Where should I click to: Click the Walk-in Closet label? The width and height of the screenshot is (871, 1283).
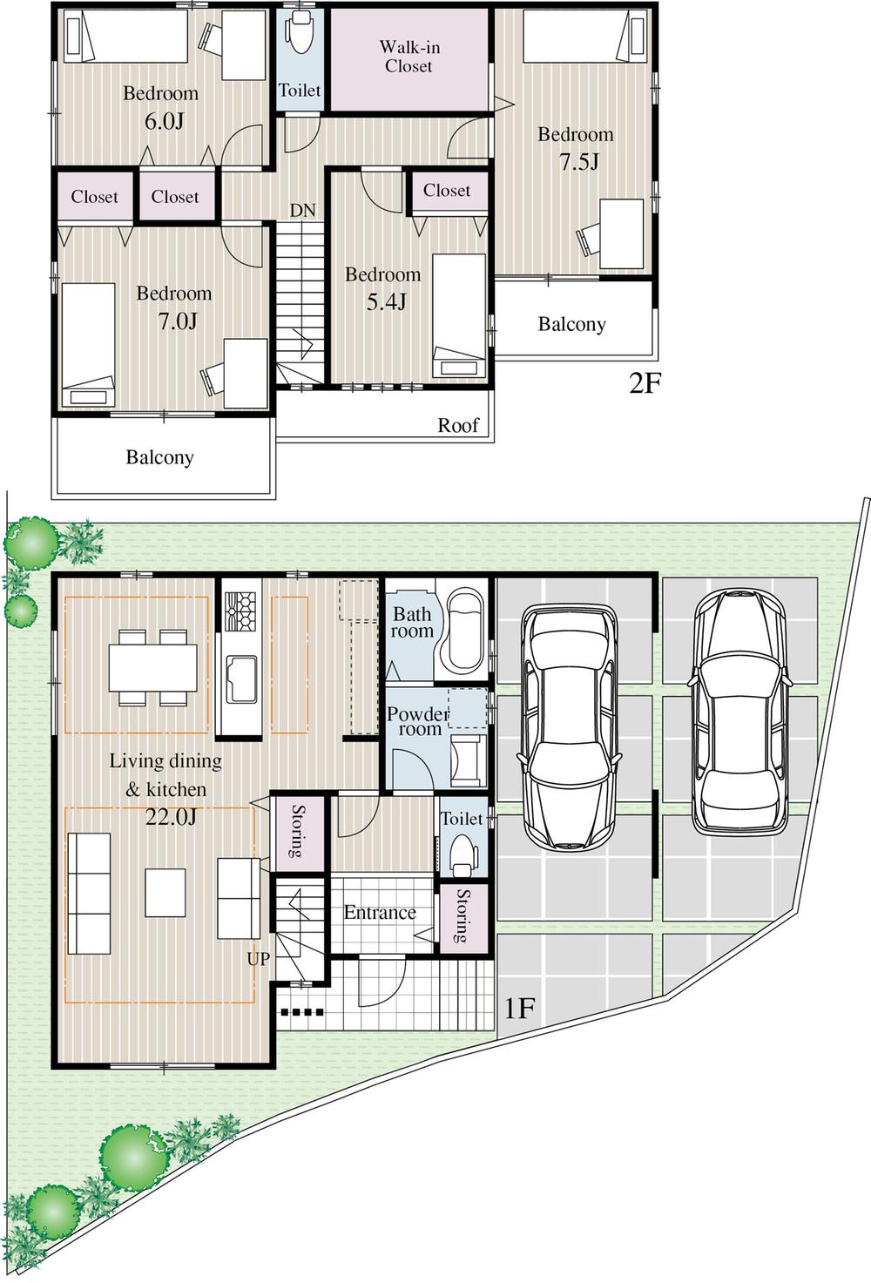pos(408,57)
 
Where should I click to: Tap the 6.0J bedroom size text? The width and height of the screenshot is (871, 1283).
pos(163,121)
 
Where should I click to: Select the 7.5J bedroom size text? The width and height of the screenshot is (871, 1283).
pos(577,162)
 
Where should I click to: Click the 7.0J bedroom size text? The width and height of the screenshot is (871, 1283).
pos(177,321)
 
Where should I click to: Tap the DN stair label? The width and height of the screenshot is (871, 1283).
pos(302,211)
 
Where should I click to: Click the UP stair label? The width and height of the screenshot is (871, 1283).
pos(259,959)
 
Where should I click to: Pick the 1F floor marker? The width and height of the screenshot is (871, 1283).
pos(519,1009)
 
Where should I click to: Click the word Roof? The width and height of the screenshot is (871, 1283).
pos(458,425)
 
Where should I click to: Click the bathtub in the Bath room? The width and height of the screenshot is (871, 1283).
pos(464,631)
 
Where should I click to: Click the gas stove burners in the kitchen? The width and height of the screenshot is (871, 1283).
pos(240,611)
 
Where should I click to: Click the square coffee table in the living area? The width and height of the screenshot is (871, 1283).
pos(165,892)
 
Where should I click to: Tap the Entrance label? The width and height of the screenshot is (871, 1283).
pos(380,913)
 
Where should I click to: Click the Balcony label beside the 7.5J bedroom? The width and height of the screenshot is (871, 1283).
pos(571,324)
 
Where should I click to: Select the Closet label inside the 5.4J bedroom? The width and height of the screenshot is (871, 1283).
pos(447,191)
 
